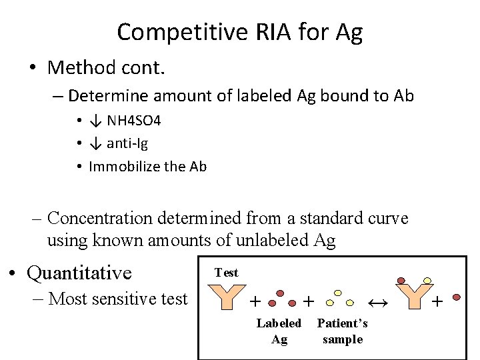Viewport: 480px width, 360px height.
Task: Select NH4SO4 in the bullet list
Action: pyautogui.click(x=133, y=121)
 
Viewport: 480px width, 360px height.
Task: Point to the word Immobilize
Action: pyautogui.click(x=121, y=166)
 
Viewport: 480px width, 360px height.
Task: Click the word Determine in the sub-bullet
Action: pyautogui.click(x=102, y=96)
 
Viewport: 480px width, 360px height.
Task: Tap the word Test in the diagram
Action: pyautogui.click(x=226, y=272)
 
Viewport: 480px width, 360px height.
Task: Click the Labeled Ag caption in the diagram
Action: pyautogui.click(x=279, y=331)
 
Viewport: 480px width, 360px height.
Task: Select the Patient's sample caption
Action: pyautogui.click(x=342, y=331)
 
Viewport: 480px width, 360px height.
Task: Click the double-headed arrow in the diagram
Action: pyautogui.click(x=377, y=303)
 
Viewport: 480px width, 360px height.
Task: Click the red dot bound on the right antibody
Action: pyautogui.click(x=401, y=279)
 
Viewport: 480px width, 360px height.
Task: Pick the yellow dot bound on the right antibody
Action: pyautogui.click(x=427, y=280)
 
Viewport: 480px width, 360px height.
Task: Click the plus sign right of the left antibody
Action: pyautogui.click(x=255, y=302)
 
